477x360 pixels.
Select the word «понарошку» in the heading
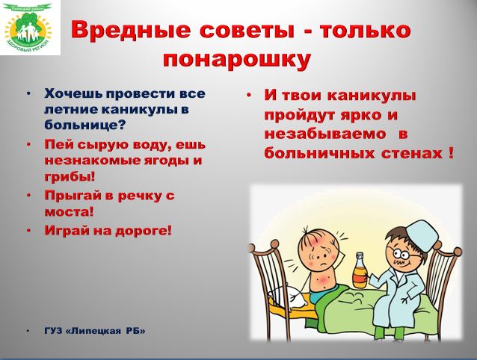tap(237, 59)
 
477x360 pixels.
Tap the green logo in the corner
tap(29, 27)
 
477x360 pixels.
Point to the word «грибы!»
tap(70, 177)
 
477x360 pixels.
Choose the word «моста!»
tap(69, 211)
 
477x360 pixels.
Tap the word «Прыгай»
tap(73, 196)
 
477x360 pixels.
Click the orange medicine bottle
tap(360, 270)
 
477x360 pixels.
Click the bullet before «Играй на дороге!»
tap(29, 230)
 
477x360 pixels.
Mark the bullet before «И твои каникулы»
tap(248, 96)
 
